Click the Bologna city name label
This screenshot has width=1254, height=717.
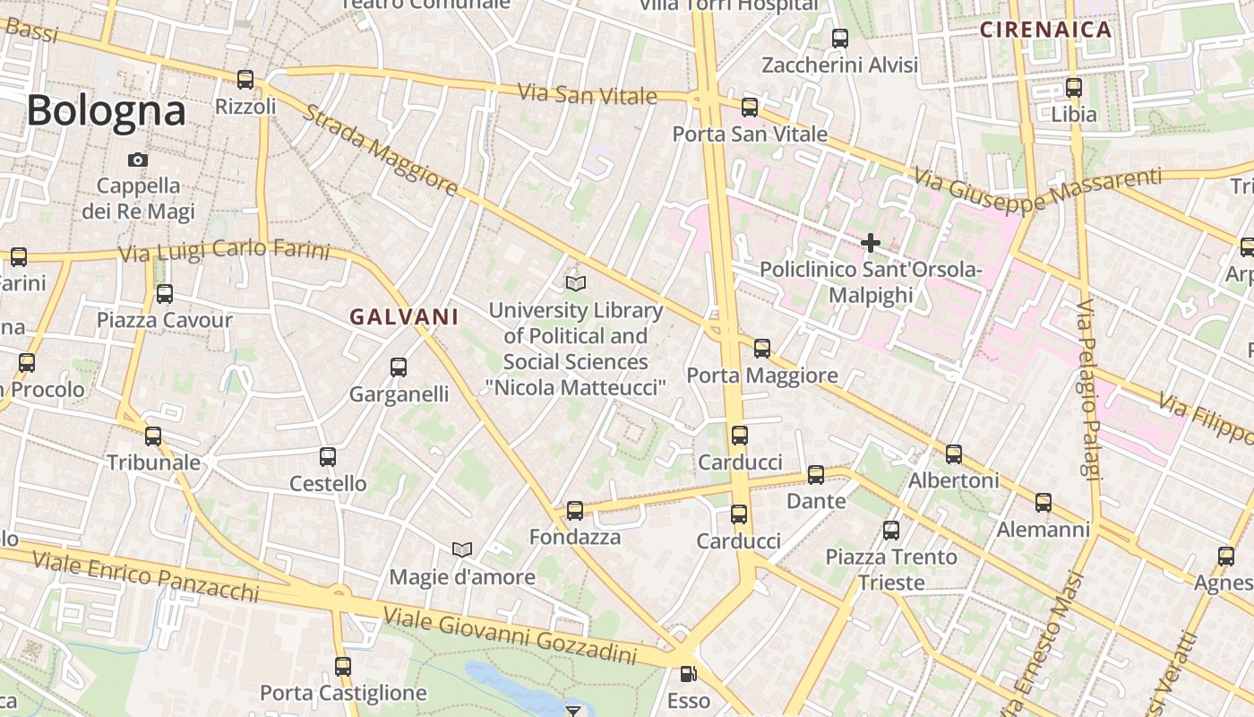coord(106,111)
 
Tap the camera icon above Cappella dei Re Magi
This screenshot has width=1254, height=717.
coord(138,160)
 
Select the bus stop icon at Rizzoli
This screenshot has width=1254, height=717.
coord(245,79)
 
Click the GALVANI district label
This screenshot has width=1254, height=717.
coord(404,316)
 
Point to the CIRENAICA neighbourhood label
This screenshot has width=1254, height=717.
coord(1045,30)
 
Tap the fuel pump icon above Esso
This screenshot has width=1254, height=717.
coord(688,674)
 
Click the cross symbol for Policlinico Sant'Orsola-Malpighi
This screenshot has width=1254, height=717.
coord(870,242)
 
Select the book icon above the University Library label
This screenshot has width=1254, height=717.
coord(576,284)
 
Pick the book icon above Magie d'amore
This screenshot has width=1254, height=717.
coord(462,549)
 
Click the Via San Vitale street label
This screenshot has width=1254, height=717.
coord(588,93)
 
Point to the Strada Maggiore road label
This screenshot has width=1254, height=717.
coord(382,151)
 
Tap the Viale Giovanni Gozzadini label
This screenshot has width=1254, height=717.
coord(510,636)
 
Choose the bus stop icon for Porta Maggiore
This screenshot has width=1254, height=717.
coord(762,348)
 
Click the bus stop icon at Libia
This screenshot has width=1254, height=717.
coord(1074,88)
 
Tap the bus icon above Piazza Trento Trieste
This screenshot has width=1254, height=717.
coord(891,530)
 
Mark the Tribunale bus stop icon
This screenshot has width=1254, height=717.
coord(154,436)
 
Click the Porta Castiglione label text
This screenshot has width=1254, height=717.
coord(343,693)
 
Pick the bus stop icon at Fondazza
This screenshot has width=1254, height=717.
coord(575,511)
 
